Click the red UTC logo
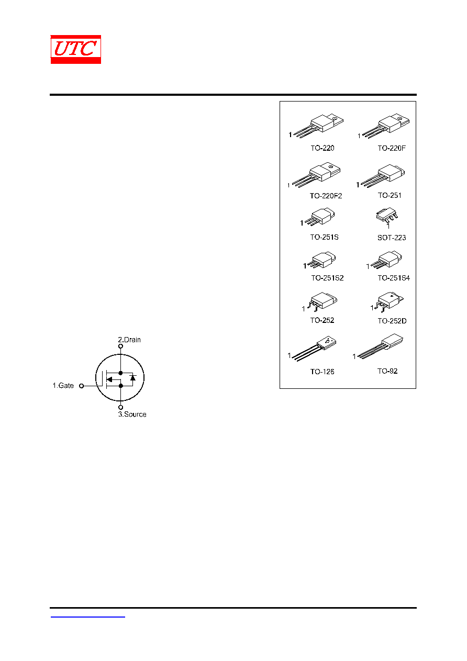pos(75,49)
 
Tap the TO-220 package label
pos(322,148)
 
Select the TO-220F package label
pos(392,148)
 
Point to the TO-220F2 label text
pos(326,196)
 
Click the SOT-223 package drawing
pos(387,216)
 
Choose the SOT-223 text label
pos(392,238)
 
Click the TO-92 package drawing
pos(380,346)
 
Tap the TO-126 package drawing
pos(314,349)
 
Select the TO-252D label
pos(392,321)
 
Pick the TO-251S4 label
pos(394,278)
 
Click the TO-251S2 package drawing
pos(321,260)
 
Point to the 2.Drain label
pos(129,340)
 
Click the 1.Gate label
pos(63,385)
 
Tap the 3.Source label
pos(132,414)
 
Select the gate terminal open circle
pos(82,386)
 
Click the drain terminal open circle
pos(120,346)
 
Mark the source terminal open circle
pos(120,408)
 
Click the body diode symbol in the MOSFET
pos(133,378)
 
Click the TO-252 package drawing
pos(322,301)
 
